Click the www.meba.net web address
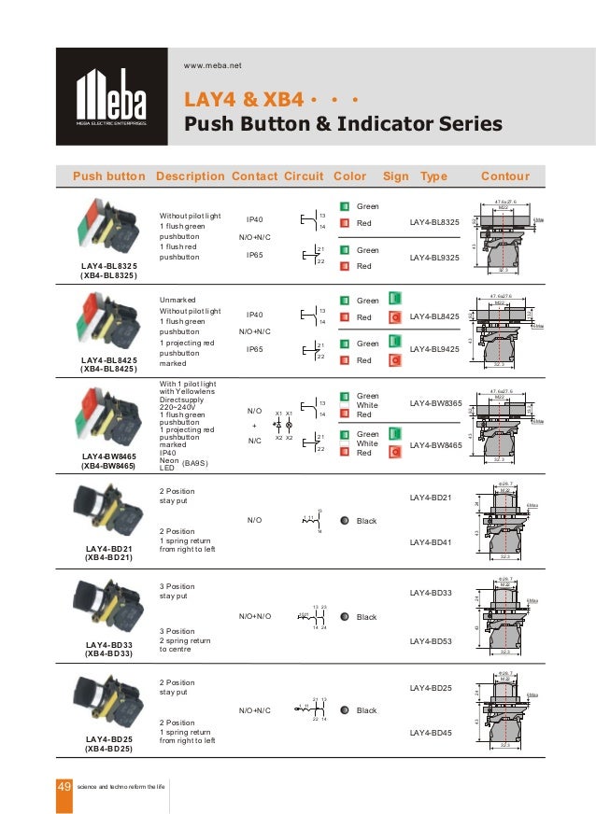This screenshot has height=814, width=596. pyautogui.click(x=213, y=65)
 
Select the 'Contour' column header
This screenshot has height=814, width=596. pyautogui.click(x=504, y=176)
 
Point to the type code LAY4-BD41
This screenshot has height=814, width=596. pyautogui.click(x=431, y=541)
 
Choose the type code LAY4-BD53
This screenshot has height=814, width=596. pyautogui.click(x=431, y=641)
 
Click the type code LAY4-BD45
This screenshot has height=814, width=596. pyautogui.click(x=431, y=733)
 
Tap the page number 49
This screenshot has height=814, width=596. pyautogui.click(x=64, y=788)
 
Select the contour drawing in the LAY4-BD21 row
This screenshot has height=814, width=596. pyautogui.click(x=505, y=521)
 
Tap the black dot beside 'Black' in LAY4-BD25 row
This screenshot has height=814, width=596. pyautogui.click(x=345, y=710)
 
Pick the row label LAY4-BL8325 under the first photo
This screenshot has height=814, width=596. pyautogui.click(x=108, y=267)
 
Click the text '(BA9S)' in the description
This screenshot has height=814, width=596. pyautogui.click(x=196, y=462)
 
